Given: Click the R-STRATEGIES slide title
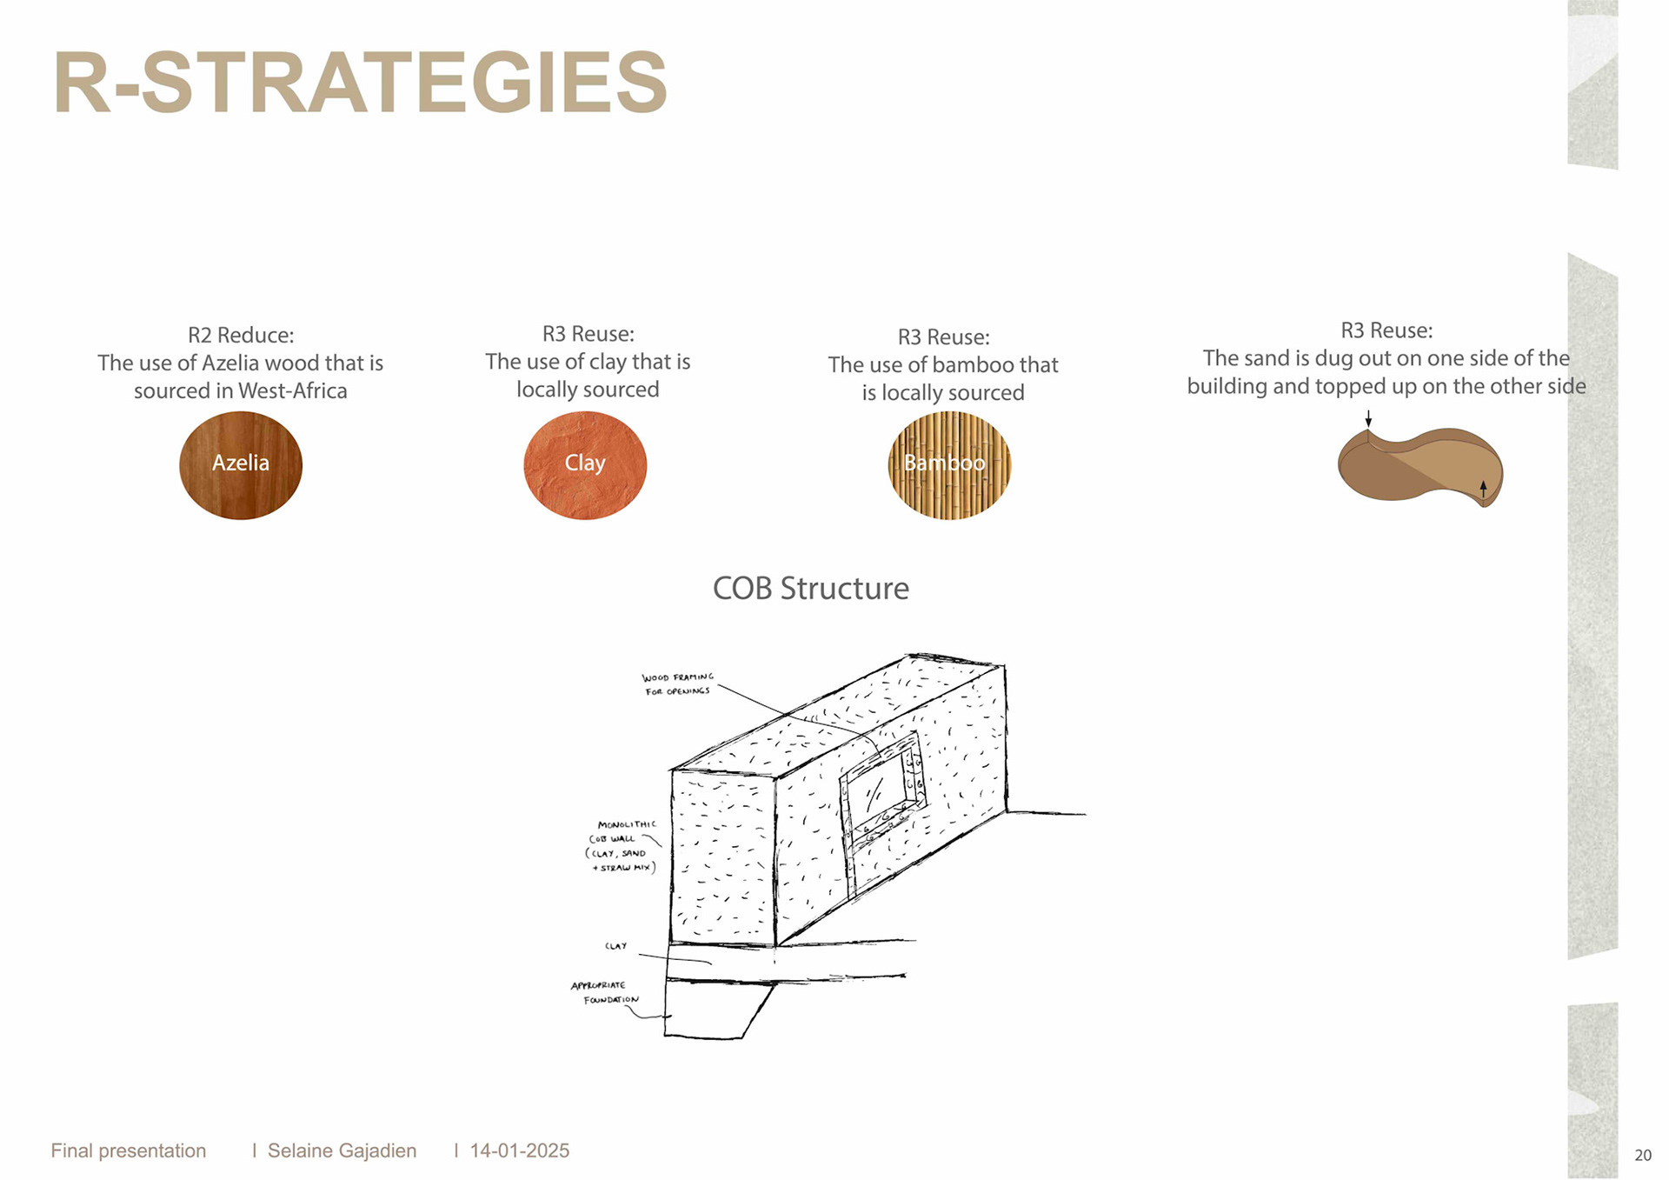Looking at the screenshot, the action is [360, 83].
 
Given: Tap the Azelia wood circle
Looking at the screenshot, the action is [241, 465].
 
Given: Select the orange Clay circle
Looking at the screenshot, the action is [585, 465].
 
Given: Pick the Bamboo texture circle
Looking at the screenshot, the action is [949, 465].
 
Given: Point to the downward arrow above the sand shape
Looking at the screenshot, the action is [1368, 418].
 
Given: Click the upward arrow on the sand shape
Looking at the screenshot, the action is [1483, 489].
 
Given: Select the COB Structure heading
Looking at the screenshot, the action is [810, 589].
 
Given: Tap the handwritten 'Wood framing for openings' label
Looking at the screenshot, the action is [677, 684].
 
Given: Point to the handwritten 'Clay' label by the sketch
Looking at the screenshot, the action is [615, 946].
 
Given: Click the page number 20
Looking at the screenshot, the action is [1642, 1156].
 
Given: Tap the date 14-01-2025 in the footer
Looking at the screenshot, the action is [519, 1150].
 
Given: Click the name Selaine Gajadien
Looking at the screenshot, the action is [342, 1150].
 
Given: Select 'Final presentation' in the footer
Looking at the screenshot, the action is [129, 1150].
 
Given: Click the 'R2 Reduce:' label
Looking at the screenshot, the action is [241, 335].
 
